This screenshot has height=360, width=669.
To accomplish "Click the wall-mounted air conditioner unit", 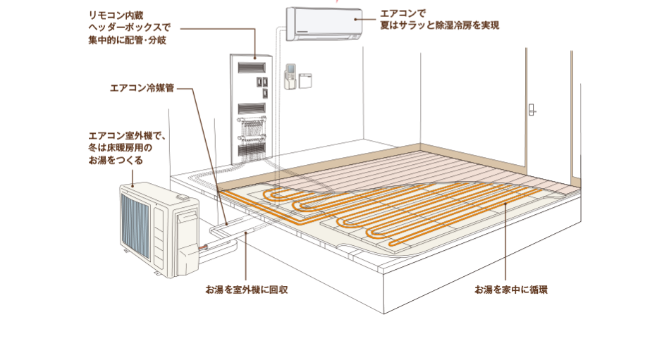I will (324, 23).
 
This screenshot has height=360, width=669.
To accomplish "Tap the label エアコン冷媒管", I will (142, 89).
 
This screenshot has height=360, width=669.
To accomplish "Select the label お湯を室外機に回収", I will (247, 290).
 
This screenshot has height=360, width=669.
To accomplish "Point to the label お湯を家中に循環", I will (510, 290).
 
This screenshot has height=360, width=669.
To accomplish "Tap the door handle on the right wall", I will (532, 109).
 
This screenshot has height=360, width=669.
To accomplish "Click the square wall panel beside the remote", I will (305, 80).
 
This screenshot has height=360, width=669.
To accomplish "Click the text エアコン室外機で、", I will (126, 135).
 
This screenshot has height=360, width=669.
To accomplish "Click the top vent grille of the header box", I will (252, 68).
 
